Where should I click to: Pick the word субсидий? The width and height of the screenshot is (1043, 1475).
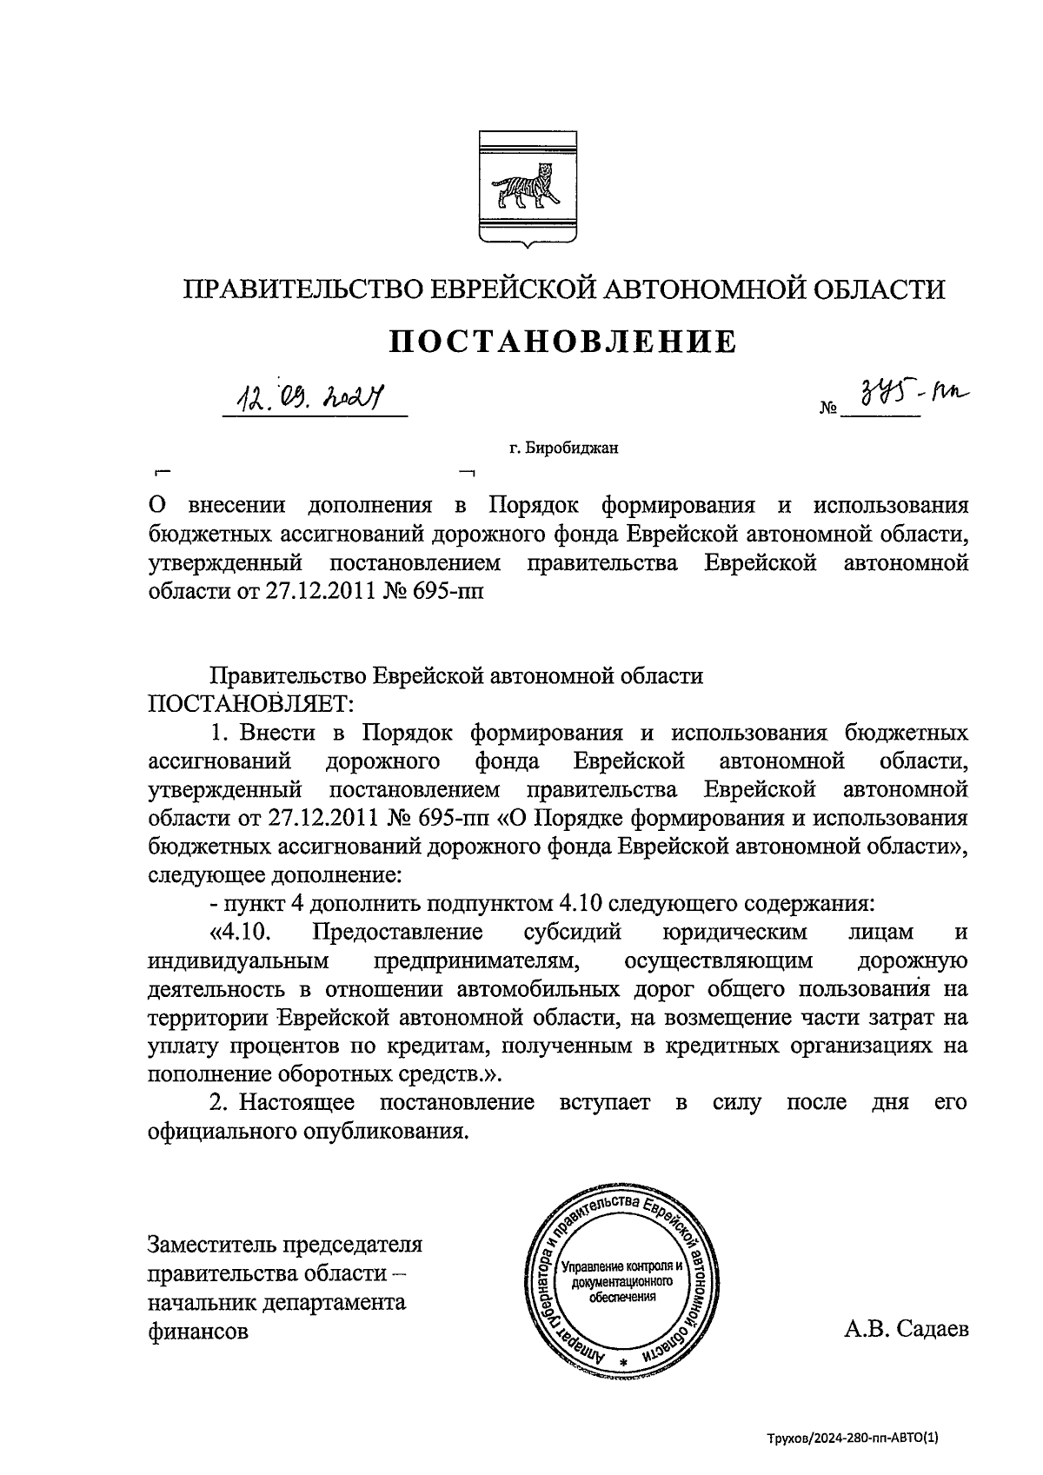click(x=573, y=933)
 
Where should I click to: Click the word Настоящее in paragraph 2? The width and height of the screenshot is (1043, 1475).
click(x=296, y=1103)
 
